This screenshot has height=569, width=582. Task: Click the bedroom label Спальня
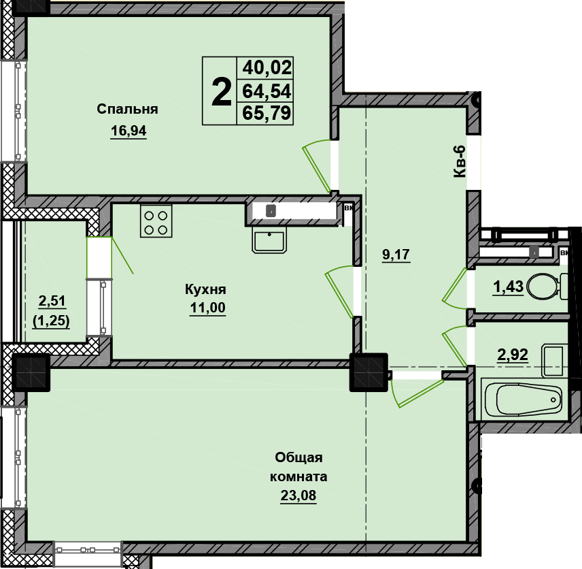pyautogui.click(x=127, y=110)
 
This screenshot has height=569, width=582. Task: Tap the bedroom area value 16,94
pyautogui.click(x=129, y=131)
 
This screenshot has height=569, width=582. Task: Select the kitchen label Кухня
pyautogui.click(x=205, y=289)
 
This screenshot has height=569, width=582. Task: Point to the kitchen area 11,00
pyautogui.click(x=207, y=308)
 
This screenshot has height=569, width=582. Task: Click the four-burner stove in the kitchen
pyautogui.click(x=156, y=221)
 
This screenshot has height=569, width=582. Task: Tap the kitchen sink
pyautogui.click(x=269, y=240)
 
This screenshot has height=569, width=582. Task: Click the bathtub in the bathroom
pyautogui.click(x=524, y=400)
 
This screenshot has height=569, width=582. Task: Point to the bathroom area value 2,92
pyautogui.click(x=513, y=355)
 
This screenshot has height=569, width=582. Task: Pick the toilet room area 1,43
pyautogui.click(x=508, y=287)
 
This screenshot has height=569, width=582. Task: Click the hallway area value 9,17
pyautogui.click(x=396, y=255)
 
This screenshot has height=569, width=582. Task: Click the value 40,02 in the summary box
pyautogui.click(x=267, y=68)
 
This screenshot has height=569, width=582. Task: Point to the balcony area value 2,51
pyautogui.click(x=52, y=301)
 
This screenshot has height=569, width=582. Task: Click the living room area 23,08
pyautogui.click(x=298, y=495)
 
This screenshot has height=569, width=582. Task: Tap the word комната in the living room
pyautogui.click(x=298, y=477)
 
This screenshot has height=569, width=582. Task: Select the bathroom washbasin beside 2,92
pyautogui.click(x=555, y=361)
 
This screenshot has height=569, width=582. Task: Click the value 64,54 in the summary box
pyautogui.click(x=267, y=91)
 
